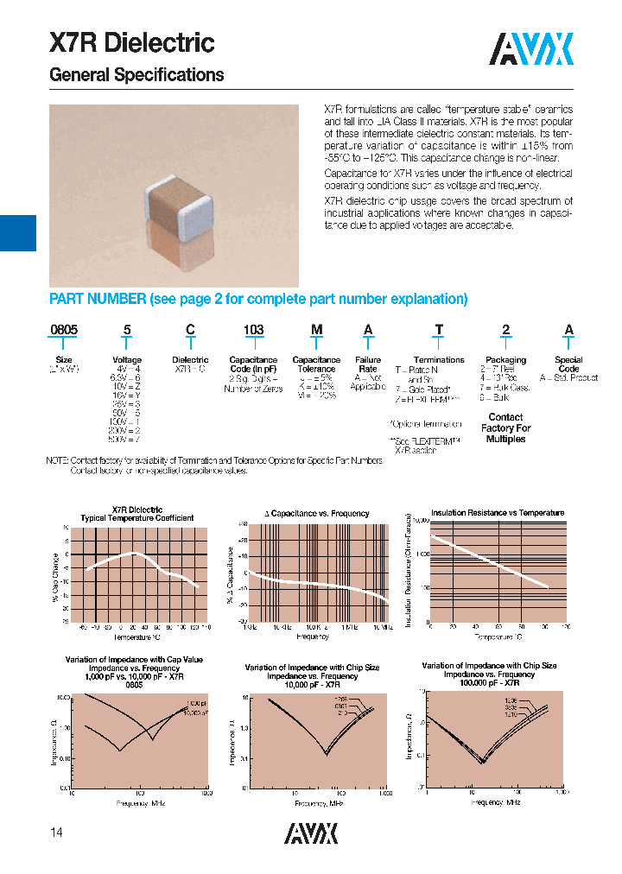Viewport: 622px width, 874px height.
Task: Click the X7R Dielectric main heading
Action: pyautogui.click(x=131, y=43)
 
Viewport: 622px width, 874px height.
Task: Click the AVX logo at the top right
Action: pyautogui.click(x=531, y=49)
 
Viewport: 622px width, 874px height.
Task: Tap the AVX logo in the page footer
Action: pyautogui.click(x=311, y=833)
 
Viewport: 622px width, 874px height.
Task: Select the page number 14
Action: pyautogui.click(x=56, y=833)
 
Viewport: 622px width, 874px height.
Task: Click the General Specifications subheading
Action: pyautogui.click(x=136, y=75)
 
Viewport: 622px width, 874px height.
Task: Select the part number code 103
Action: pyautogui.click(x=253, y=330)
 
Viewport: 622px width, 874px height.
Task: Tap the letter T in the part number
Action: pyautogui.click(x=439, y=330)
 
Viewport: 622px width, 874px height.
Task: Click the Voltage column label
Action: pyautogui.click(x=127, y=360)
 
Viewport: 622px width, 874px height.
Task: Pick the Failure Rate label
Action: pyautogui.click(x=368, y=364)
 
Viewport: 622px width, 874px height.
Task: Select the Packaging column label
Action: pyautogui.click(x=505, y=360)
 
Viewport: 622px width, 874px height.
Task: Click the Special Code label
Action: pyautogui.click(x=568, y=364)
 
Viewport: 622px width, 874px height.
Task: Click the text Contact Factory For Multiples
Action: pyautogui.click(x=505, y=427)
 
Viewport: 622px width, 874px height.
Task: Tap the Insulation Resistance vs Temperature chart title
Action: pyautogui.click(x=497, y=512)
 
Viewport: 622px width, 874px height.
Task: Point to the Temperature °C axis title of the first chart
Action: pyautogui.click(x=137, y=636)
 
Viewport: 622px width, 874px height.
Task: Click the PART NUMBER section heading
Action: pyautogui.click(x=258, y=299)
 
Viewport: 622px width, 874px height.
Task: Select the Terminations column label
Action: pyautogui.click(x=439, y=360)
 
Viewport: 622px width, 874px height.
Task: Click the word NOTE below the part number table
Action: pyautogui.click(x=57, y=461)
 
